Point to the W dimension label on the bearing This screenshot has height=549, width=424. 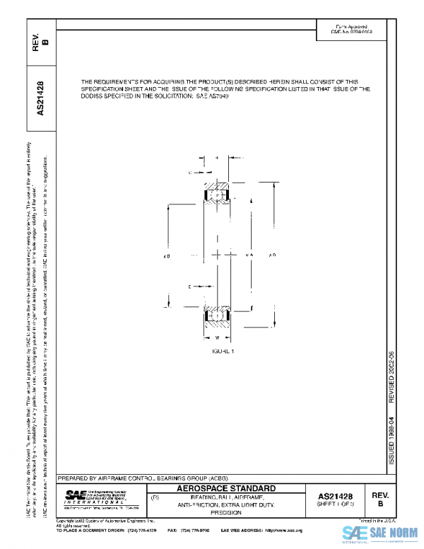pyautogui.click(x=217, y=338)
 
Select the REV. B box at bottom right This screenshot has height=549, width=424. pyautogui.click(x=379, y=500)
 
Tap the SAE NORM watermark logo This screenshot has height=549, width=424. pyautogui.click(x=381, y=534)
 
